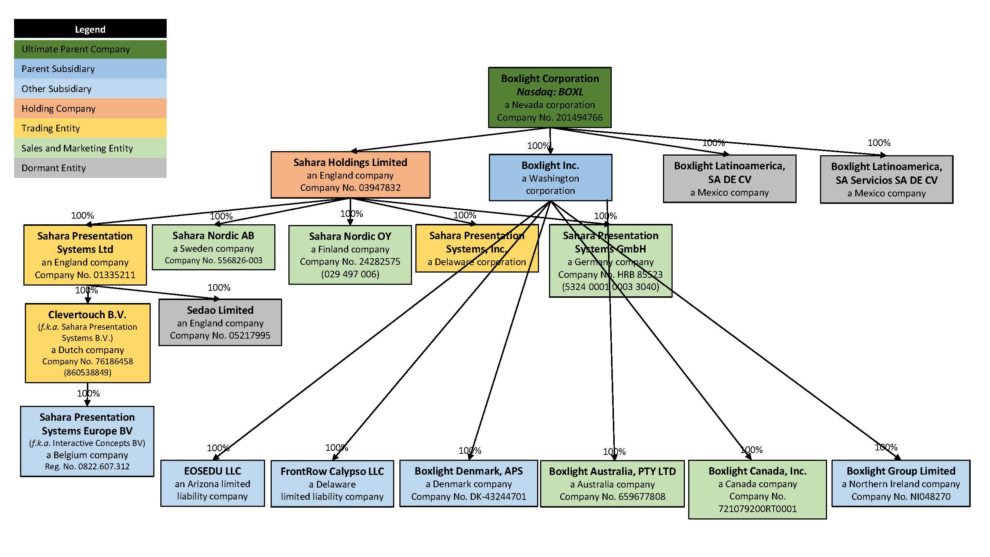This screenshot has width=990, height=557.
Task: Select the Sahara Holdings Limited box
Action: click(350, 175)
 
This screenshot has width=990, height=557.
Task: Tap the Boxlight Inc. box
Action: click(550, 177)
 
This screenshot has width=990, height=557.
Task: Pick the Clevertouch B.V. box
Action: click(87, 342)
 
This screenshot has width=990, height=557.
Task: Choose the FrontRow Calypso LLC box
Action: click(332, 483)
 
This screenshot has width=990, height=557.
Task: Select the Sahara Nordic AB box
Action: click(213, 247)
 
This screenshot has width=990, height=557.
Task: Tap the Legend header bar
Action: click(90, 29)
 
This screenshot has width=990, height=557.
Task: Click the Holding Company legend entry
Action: click(90, 108)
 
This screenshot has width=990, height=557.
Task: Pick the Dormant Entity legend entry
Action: click(90, 168)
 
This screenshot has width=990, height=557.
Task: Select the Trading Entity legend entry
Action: click(90, 128)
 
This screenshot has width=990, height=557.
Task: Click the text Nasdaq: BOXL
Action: click(550, 92)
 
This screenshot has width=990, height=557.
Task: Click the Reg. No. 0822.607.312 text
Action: click(87, 466)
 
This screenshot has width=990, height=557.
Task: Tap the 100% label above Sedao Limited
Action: click(219, 287)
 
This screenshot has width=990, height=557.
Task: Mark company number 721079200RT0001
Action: click(757, 509)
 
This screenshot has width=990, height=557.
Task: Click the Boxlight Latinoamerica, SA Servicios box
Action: click(886, 179)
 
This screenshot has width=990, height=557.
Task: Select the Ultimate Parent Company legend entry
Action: click(90, 49)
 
